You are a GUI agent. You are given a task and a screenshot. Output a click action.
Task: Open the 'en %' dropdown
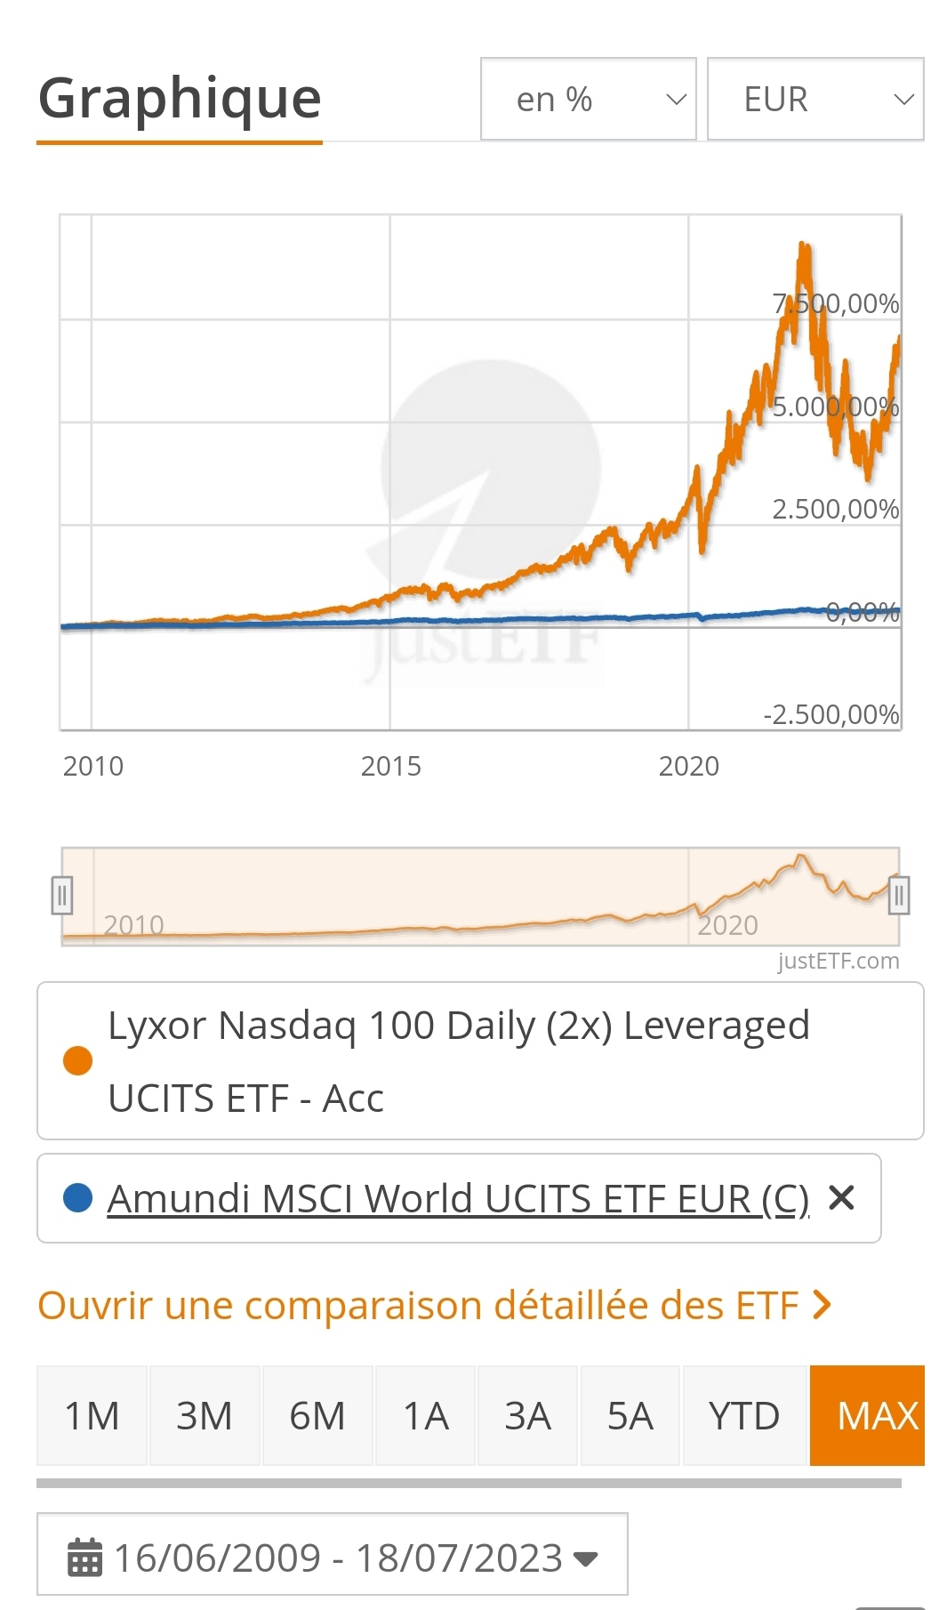pyautogui.click(x=588, y=99)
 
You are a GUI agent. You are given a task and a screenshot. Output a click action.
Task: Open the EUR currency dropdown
pyautogui.click(x=815, y=99)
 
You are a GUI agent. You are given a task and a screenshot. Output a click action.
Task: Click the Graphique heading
pyautogui.click(x=180, y=98)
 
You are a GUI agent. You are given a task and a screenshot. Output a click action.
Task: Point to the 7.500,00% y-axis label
pyautogui.click(x=835, y=304)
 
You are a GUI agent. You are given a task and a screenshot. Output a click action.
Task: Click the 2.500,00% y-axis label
pyautogui.click(x=835, y=510)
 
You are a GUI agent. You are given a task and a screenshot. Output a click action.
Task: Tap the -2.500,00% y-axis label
pyautogui.click(x=831, y=715)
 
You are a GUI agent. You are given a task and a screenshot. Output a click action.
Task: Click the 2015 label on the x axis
pyautogui.click(x=390, y=766)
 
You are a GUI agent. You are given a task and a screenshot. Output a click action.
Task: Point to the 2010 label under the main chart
pyautogui.click(x=92, y=766)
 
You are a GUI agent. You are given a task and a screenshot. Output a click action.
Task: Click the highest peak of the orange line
pyautogui.click(x=803, y=244)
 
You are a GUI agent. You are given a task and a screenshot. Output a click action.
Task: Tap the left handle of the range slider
pyautogui.click(x=61, y=896)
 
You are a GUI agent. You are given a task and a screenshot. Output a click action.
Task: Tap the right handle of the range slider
pyautogui.click(x=899, y=896)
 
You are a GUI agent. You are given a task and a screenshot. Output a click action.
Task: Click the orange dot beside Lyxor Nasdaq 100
pyautogui.click(x=78, y=1060)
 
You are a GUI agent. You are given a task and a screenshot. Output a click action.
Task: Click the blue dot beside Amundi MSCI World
pyautogui.click(x=78, y=1198)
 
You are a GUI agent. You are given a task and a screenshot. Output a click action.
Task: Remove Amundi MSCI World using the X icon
pyautogui.click(x=841, y=1198)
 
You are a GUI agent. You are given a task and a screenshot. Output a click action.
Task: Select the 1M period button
pyautogui.click(x=92, y=1415)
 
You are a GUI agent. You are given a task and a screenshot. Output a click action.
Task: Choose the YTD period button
pyautogui.click(x=743, y=1415)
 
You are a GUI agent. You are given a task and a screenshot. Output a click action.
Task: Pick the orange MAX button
pyautogui.click(x=867, y=1415)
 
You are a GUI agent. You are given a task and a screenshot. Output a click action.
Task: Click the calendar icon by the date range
pyautogui.click(x=85, y=1558)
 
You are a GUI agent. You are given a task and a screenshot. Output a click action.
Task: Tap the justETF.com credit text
pyautogui.click(x=838, y=961)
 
